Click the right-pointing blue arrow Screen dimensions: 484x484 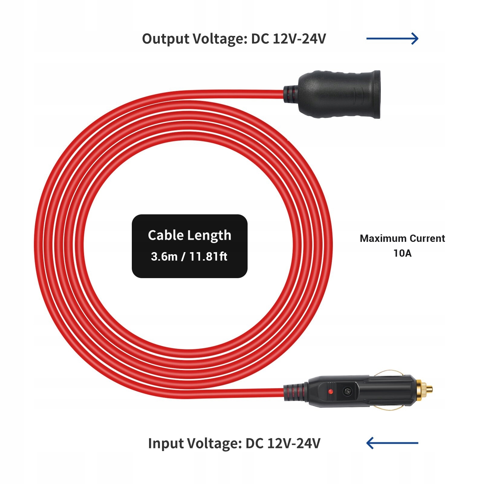click(392, 38)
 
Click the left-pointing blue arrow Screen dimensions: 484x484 click(392, 443)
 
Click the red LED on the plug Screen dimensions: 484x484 click(330, 392)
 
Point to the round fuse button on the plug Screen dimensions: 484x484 click(347, 392)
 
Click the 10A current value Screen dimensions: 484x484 click(402, 253)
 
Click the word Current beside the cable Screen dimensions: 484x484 click(427, 239)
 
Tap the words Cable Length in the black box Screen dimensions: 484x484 click(190, 235)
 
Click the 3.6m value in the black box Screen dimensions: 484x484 click(164, 257)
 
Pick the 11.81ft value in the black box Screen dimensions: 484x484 click(208, 257)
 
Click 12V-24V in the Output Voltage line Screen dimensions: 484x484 click(299, 39)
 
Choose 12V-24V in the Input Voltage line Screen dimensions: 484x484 click(294, 443)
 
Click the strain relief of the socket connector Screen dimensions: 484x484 click(291, 94)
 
